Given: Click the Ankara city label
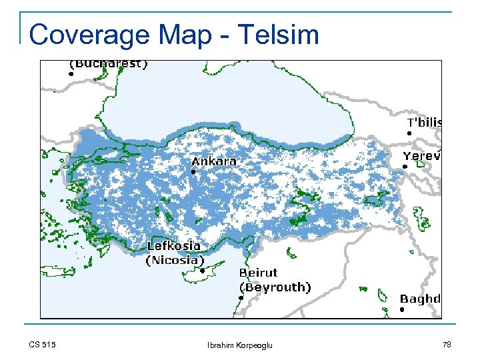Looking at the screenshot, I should click(x=213, y=161).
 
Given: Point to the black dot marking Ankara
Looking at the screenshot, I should click(x=193, y=172).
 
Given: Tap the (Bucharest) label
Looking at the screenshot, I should click(x=109, y=64).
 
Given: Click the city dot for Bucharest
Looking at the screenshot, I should click(x=71, y=75).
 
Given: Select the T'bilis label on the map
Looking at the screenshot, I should click(x=424, y=123).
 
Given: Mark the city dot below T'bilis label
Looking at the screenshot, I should click(x=409, y=133).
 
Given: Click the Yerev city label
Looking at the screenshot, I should click(x=421, y=155).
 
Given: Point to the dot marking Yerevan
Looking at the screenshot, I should click(x=405, y=166).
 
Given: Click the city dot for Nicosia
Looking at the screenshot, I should click(x=202, y=271).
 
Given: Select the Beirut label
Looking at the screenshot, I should click(x=258, y=273).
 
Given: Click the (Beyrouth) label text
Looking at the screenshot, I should click(x=275, y=287).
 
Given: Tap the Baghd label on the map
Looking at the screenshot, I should click(x=420, y=299).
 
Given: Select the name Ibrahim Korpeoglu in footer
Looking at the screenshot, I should click(x=240, y=345).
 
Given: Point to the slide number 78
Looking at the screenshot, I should click(x=446, y=345).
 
